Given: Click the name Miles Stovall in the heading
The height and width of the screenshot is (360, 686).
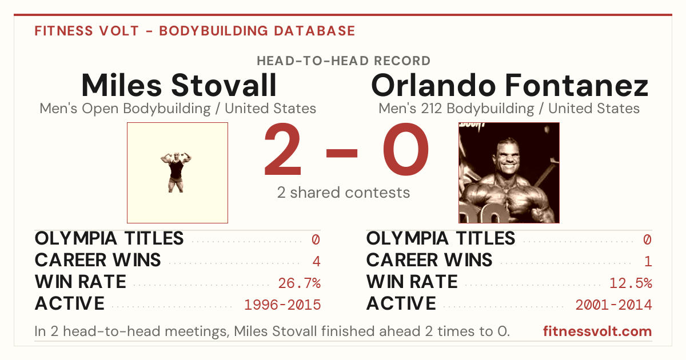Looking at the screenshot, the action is [x=179, y=85].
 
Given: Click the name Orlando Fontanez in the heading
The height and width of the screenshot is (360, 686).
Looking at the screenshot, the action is [x=509, y=85].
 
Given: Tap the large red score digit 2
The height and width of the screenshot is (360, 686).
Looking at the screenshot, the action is [x=282, y=149].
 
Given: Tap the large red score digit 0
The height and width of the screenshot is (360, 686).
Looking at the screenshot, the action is [x=406, y=149].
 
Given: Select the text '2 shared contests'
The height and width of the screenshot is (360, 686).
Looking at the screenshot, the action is [x=344, y=193].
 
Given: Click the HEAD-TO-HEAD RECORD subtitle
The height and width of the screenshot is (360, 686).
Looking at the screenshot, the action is [x=344, y=61].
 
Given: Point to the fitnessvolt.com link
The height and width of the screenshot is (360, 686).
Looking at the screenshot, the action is [x=597, y=331].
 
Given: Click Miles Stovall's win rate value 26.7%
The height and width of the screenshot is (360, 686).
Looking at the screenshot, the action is [x=299, y=283].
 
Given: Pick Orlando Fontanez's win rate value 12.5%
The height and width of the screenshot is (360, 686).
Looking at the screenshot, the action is [x=631, y=283].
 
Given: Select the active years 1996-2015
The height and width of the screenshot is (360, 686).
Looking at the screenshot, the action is [x=282, y=305].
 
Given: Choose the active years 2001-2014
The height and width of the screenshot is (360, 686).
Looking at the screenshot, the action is [x=614, y=305].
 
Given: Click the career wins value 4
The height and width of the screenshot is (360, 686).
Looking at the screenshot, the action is [x=316, y=261].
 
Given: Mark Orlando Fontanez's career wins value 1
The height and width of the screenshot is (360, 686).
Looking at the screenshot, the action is [x=648, y=261].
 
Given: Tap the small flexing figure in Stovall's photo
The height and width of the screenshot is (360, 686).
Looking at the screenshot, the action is [x=176, y=173].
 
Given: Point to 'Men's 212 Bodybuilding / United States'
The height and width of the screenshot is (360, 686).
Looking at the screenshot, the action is [x=509, y=109].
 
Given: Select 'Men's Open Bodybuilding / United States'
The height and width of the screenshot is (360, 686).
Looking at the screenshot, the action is [x=178, y=109].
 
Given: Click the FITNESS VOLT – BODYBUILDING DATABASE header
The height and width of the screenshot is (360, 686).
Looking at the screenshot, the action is [x=195, y=31].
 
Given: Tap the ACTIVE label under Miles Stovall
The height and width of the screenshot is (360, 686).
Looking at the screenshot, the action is [x=70, y=303].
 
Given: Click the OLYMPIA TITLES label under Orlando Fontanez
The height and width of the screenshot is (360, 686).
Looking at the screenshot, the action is [x=441, y=238].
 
